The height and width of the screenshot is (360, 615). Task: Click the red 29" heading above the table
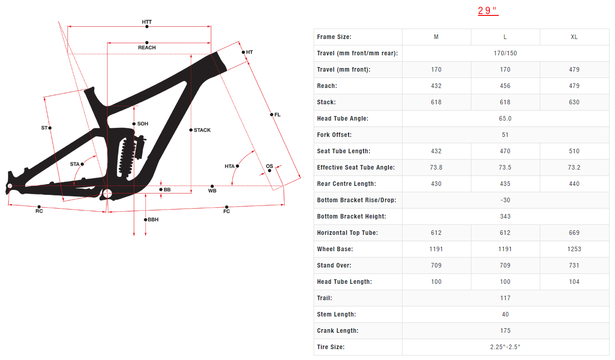point(488,10)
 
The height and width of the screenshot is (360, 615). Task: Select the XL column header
point(574,37)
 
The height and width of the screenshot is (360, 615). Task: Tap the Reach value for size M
point(436,86)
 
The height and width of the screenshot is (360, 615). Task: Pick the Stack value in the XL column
point(574,102)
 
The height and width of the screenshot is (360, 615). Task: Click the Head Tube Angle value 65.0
point(505,118)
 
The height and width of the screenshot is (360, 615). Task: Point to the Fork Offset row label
point(334,135)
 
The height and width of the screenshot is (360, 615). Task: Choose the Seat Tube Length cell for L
point(505,151)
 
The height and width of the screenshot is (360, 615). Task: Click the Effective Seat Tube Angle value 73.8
point(436,167)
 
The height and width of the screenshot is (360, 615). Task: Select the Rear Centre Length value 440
point(574,184)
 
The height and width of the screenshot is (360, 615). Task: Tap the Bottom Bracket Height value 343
point(505,216)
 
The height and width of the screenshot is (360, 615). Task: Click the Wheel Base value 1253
point(574,249)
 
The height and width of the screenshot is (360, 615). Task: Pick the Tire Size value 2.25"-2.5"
point(505,347)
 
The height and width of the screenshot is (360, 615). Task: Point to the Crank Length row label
point(338,331)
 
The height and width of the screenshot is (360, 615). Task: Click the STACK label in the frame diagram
point(202,130)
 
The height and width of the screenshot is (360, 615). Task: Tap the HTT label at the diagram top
point(147,21)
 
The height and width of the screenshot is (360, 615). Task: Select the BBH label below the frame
point(153,220)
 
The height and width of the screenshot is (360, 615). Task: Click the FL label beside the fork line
point(277,115)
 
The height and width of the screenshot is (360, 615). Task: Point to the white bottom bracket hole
point(107,194)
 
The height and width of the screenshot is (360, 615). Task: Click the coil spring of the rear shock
point(125,156)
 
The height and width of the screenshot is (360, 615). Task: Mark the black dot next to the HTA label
point(237,166)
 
